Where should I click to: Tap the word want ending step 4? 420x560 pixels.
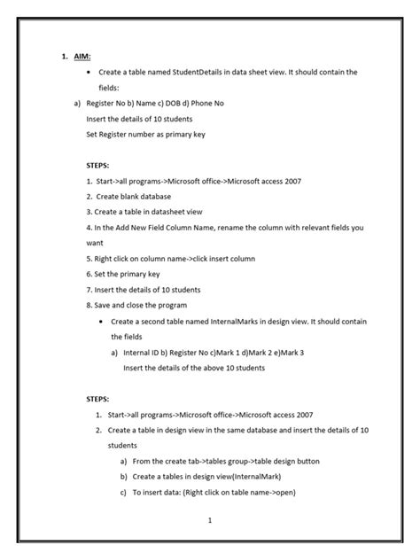(95, 242)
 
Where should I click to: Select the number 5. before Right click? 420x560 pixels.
(89, 258)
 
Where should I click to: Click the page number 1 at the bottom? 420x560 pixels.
(209, 520)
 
